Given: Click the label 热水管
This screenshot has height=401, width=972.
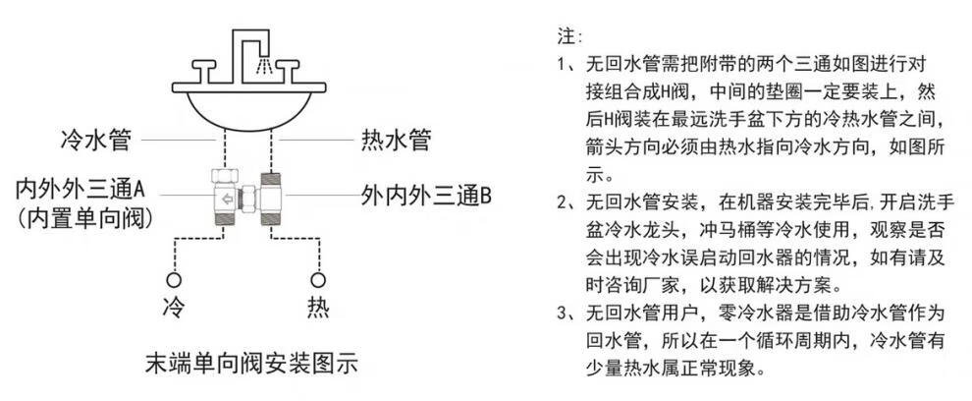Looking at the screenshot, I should coord(392,140).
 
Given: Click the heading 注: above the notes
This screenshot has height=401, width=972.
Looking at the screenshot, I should coord(569,37).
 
